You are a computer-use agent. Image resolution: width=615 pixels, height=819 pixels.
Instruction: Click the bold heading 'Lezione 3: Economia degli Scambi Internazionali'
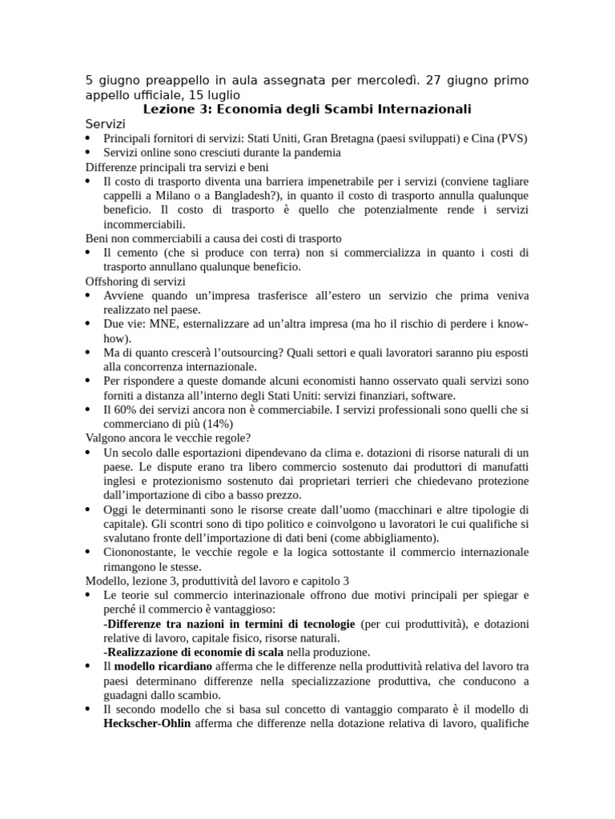[307, 109]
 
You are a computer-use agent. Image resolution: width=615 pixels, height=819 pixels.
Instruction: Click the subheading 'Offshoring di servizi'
[135, 282]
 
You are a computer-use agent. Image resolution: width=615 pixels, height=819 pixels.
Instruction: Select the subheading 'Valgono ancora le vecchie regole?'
[168, 437]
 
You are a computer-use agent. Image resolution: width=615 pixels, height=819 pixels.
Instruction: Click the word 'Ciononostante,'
[145, 553]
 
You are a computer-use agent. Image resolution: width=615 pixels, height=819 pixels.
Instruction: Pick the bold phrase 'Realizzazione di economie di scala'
[194, 652]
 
